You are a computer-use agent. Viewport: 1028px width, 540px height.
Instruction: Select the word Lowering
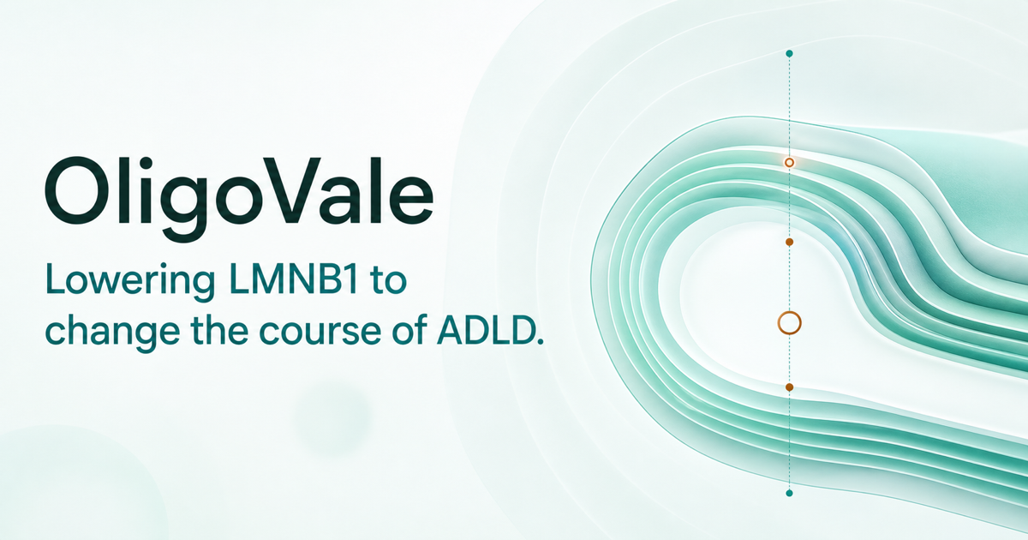pos(130,282)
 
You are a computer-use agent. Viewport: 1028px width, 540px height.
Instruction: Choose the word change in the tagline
pos(112,333)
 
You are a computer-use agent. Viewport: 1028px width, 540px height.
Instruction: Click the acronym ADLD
pos(485,330)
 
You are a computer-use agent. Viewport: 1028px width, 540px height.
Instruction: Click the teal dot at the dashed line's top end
pos(789,54)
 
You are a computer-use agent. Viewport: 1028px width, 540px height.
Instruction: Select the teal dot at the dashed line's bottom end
pos(789,493)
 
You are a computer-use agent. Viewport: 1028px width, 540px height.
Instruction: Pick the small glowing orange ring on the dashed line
pos(789,159)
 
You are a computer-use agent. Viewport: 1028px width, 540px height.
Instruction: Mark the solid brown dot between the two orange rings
pos(789,242)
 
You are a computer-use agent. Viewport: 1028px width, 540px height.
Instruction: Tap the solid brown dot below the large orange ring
pos(789,387)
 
